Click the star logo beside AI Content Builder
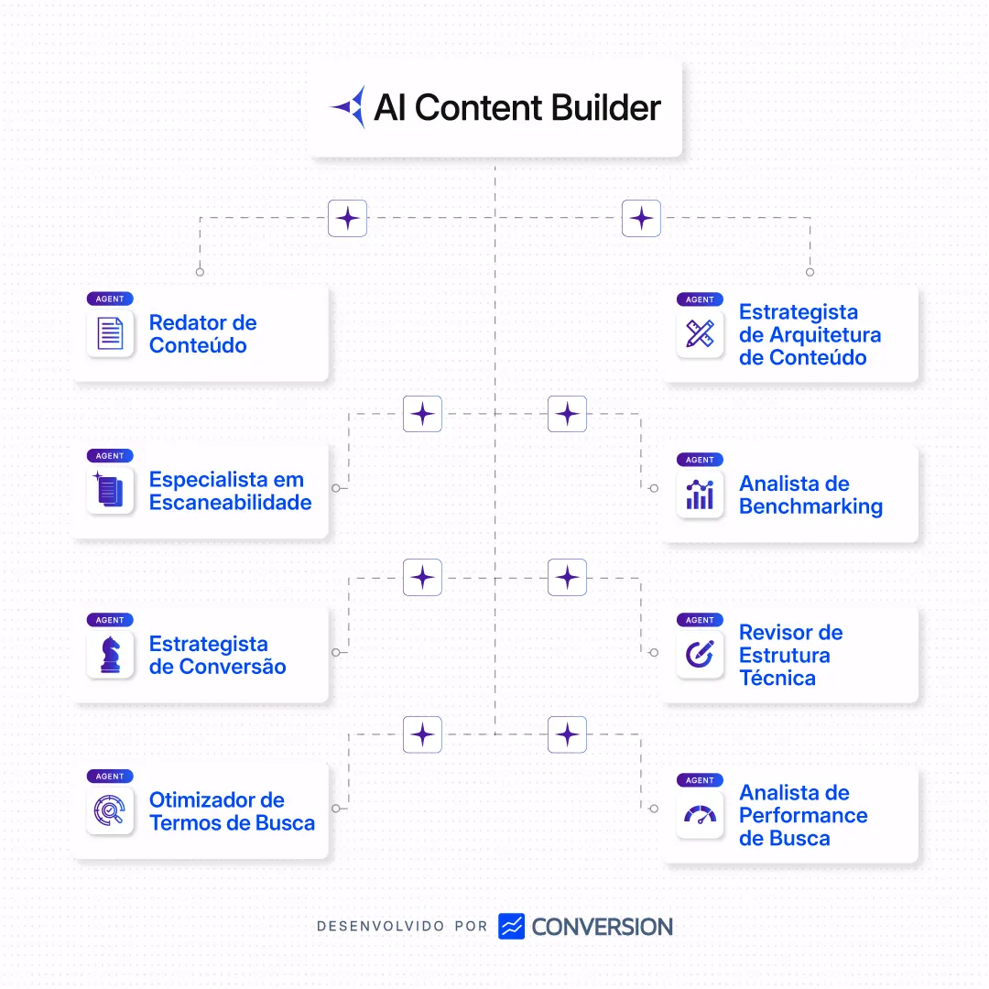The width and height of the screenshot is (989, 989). pyautogui.click(x=348, y=107)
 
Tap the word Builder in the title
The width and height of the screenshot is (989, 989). pyautogui.click(x=605, y=108)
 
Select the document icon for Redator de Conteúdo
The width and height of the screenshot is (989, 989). pyautogui.click(x=110, y=333)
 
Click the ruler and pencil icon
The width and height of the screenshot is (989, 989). pyautogui.click(x=700, y=333)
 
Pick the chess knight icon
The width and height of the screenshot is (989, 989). pyautogui.click(x=110, y=655)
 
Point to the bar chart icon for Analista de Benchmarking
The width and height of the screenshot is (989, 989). pyautogui.click(x=700, y=494)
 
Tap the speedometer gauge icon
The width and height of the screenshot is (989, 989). pyautogui.click(x=700, y=815)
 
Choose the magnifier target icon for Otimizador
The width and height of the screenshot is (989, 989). pyautogui.click(x=110, y=810)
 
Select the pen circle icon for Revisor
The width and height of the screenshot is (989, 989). pyautogui.click(x=700, y=655)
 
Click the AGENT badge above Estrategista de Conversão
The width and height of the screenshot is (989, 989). pyautogui.click(x=110, y=620)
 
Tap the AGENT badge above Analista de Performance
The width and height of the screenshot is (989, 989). pyautogui.click(x=700, y=780)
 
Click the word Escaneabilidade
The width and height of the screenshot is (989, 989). pyautogui.click(x=231, y=503)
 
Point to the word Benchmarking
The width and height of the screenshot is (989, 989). pyautogui.click(x=810, y=506)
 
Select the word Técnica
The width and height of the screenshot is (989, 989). pyautogui.click(x=777, y=679)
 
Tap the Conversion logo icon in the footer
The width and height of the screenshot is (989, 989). pyautogui.click(x=511, y=926)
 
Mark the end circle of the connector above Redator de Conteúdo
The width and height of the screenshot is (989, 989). pyautogui.click(x=200, y=272)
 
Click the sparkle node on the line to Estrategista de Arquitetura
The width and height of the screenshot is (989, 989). pyautogui.click(x=641, y=219)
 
